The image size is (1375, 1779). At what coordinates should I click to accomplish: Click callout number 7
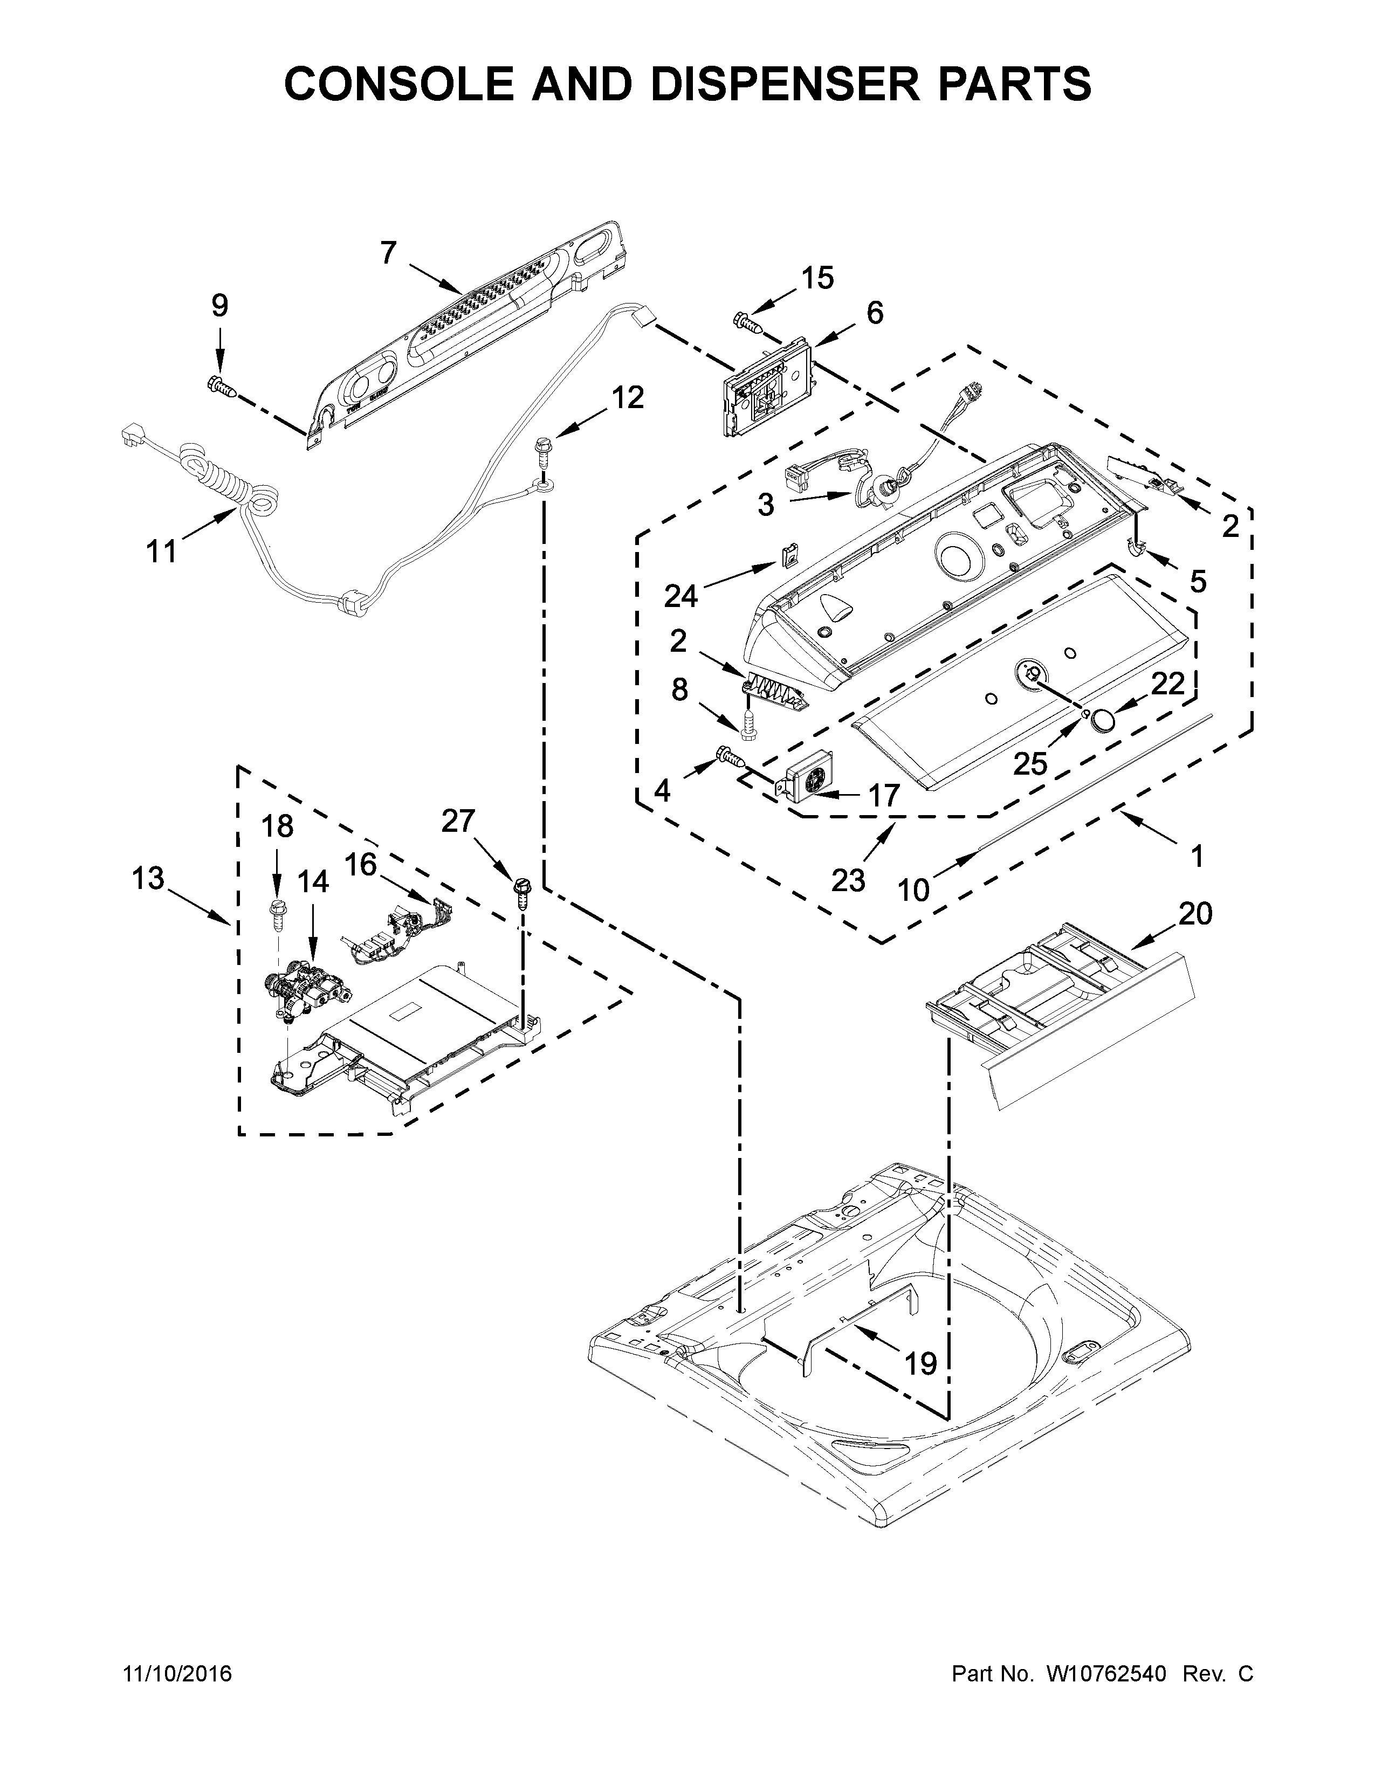coord(389,253)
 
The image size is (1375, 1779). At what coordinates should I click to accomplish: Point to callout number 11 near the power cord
coord(161,552)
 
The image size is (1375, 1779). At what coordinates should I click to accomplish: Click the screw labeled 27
coord(521,891)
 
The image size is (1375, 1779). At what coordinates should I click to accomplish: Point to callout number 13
coord(148,879)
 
